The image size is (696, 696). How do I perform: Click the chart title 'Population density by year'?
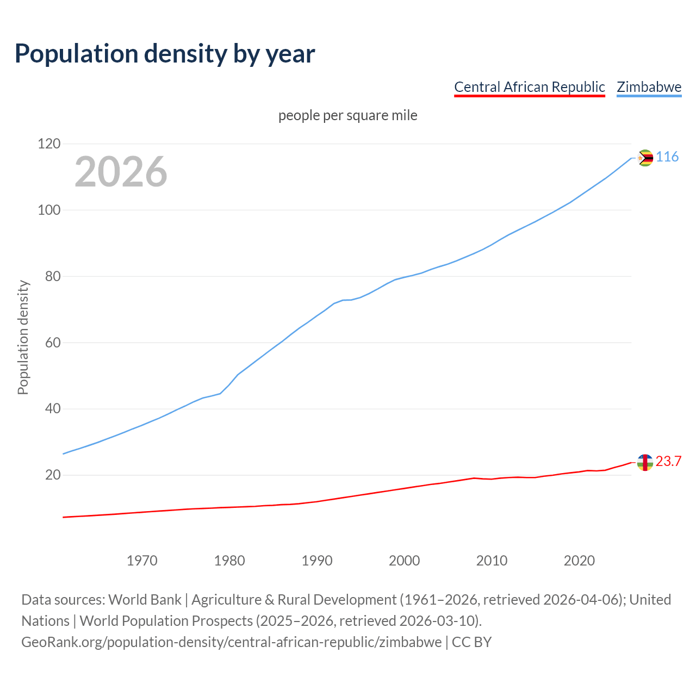pyautogui.click(x=165, y=54)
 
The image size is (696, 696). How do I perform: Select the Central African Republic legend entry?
pyautogui.click(x=529, y=87)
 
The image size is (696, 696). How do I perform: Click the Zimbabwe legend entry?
pyautogui.click(x=649, y=87)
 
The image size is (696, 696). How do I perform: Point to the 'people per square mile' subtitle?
pyautogui.click(x=347, y=115)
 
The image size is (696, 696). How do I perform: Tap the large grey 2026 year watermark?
pyautogui.click(x=121, y=172)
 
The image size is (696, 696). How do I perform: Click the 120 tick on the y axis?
pyautogui.click(x=48, y=144)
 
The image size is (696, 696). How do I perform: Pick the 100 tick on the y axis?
pyautogui.click(x=48, y=210)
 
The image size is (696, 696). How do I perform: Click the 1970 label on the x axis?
pyautogui.click(x=142, y=561)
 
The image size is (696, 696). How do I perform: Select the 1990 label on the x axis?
pyautogui.click(x=317, y=561)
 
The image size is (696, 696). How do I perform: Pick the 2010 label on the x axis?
pyautogui.click(x=492, y=561)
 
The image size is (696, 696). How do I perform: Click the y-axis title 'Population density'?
pyautogui.click(x=23, y=337)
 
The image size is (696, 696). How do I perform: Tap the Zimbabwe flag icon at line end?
pyautogui.click(x=645, y=158)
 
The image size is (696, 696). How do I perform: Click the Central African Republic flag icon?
pyautogui.click(x=645, y=463)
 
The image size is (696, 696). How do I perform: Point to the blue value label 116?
pyautogui.click(x=667, y=157)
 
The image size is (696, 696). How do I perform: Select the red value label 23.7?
pyautogui.click(x=668, y=462)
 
